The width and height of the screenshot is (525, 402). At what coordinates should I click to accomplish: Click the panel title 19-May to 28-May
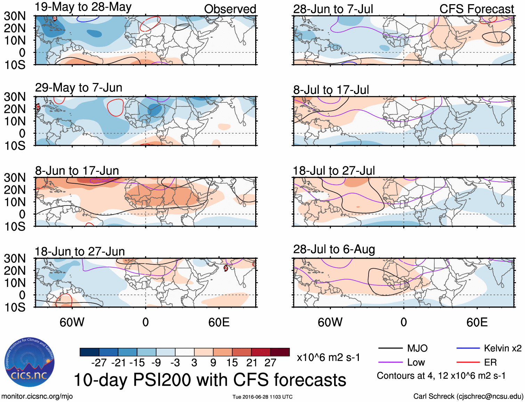(x=83, y=7)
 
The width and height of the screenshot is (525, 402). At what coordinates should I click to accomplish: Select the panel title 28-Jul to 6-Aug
(x=334, y=249)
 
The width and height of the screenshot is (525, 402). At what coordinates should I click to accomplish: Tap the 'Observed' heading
(x=230, y=9)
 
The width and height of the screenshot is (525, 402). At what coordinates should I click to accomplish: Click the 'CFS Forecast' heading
(x=476, y=9)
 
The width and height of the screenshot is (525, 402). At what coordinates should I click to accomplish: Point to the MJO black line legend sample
(x=390, y=348)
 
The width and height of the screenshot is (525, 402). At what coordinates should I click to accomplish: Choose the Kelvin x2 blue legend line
(x=468, y=348)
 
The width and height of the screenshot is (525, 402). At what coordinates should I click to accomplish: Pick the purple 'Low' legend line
(x=390, y=362)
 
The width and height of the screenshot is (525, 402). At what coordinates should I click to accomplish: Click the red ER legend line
(x=468, y=362)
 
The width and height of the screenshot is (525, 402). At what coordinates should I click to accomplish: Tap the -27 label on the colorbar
(x=99, y=363)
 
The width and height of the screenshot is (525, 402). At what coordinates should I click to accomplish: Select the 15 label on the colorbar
(x=232, y=363)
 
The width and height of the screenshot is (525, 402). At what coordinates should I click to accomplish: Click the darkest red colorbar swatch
(x=280, y=352)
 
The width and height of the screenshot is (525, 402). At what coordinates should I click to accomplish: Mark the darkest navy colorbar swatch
(x=89, y=352)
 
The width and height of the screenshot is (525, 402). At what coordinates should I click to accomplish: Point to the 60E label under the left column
(x=219, y=322)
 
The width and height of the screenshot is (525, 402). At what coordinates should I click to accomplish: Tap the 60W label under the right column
(x=330, y=322)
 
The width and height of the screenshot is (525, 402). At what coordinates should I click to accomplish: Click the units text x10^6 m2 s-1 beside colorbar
(x=328, y=357)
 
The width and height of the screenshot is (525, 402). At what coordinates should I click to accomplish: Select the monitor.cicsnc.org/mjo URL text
(x=37, y=396)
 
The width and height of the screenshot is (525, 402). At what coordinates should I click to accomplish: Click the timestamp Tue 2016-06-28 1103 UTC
(x=262, y=397)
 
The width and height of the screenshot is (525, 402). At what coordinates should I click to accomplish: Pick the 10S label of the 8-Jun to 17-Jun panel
(x=15, y=227)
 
